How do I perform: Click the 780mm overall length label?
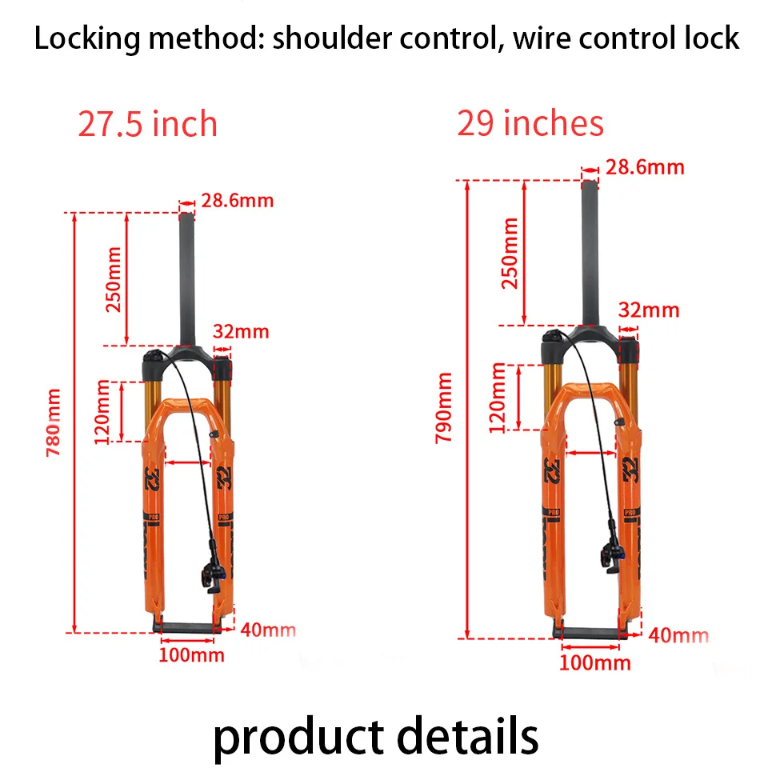pyautogui.click(x=53, y=422)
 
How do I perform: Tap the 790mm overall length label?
pyautogui.click(x=442, y=407)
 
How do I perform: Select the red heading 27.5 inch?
pyautogui.click(x=148, y=124)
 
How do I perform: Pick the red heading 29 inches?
pyautogui.click(x=530, y=123)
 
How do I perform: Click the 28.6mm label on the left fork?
pyautogui.click(x=237, y=199)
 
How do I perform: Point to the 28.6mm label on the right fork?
pyautogui.click(x=645, y=167)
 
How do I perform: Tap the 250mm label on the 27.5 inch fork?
pyautogui.click(x=113, y=280)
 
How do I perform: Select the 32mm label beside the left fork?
pyautogui.click(x=241, y=331)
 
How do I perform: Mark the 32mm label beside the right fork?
pyautogui.click(x=649, y=310)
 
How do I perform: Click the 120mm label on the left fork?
pyautogui.click(x=102, y=413)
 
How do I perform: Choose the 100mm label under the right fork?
pyautogui.click(x=595, y=662)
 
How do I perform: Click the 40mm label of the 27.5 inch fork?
pyautogui.click(x=268, y=630)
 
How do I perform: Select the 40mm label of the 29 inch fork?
pyautogui.click(x=678, y=635)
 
